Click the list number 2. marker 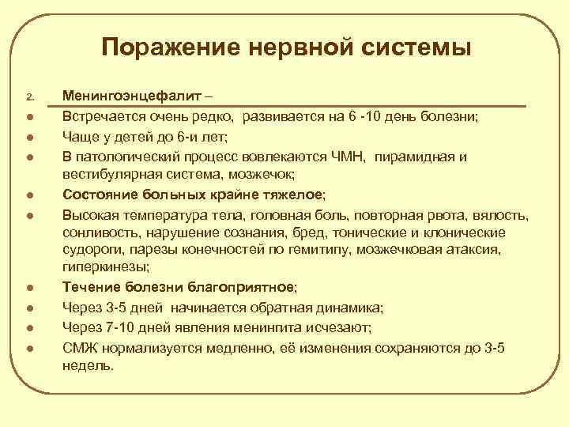pyautogui.click(x=30, y=98)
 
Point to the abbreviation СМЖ pyautogui.click(x=77, y=347)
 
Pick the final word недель pyautogui.click(x=87, y=366)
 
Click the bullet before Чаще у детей pyautogui.click(x=29, y=137)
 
